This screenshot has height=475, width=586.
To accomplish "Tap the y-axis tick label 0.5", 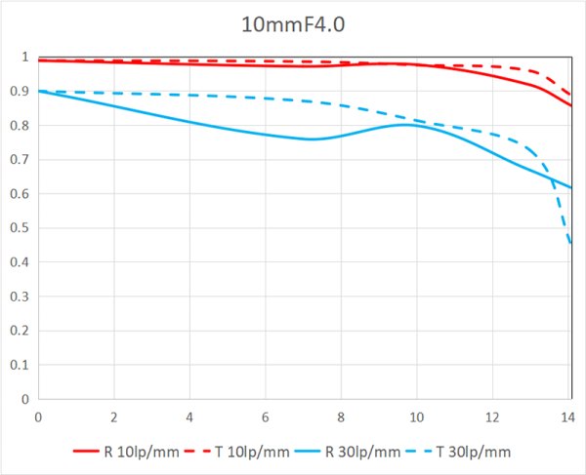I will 20,228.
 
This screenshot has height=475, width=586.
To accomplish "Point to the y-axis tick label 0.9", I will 20,92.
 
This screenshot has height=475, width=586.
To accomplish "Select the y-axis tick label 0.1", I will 20,365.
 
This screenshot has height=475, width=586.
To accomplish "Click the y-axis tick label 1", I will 25,58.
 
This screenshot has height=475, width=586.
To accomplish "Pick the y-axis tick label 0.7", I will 20,160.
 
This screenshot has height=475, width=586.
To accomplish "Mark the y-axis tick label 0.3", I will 20,297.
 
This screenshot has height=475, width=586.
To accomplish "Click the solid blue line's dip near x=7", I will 312,139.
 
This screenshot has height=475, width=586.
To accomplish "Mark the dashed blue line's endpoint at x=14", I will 570,245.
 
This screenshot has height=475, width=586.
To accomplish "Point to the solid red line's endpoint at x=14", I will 570,105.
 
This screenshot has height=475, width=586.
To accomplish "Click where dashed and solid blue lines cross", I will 552,176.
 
